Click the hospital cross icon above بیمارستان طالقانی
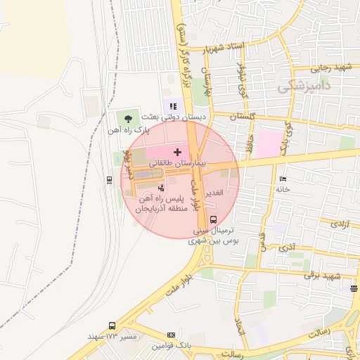click(176, 152)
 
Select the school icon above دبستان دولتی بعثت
click(172, 106)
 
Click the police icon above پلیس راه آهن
click(162, 188)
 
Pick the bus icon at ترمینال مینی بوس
click(213, 219)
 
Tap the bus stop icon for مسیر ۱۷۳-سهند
click(112, 326)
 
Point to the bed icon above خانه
click(283, 179)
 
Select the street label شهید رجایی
click(332, 67)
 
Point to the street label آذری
click(287, 247)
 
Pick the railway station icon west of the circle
click(109, 180)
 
